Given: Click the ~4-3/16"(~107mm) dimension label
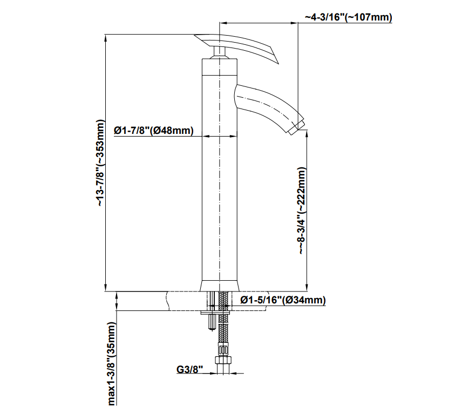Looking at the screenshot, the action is pos(348,17).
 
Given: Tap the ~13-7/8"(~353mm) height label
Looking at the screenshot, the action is pos(100,162).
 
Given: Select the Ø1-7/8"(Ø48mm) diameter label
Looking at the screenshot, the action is pos(153,130).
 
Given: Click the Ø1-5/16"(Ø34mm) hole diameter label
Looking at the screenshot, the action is pos(283,300).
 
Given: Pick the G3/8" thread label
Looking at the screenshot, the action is pos(190,369).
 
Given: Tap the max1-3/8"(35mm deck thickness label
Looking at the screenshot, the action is pos(112,363).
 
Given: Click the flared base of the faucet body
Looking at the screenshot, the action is pos(220,285).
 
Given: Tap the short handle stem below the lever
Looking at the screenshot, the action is pos(219,52).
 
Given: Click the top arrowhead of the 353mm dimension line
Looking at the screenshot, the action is pos(105,37).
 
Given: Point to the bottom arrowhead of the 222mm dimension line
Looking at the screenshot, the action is pos(307,288).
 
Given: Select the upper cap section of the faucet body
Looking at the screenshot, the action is pos(220,66).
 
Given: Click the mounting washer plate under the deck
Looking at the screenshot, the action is pos(215,312).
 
